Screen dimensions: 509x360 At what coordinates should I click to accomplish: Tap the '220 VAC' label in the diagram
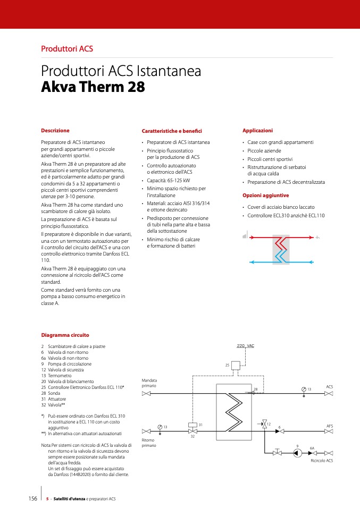[245, 346]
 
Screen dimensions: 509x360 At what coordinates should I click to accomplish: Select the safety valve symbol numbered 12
[264, 424]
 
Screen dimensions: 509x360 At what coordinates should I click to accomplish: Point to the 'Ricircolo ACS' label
[321, 461]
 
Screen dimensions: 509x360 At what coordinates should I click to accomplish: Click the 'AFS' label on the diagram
[329, 426]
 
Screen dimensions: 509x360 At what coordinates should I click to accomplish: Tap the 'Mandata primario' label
[149, 383]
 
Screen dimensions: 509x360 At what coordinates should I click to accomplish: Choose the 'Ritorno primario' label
[149, 443]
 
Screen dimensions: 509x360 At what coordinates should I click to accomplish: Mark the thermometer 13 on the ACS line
[303, 389]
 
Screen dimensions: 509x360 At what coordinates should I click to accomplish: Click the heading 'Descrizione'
[55, 130]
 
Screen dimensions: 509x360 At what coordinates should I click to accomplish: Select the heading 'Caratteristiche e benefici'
[172, 131]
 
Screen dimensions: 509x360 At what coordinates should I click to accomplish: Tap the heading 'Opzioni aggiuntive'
[265, 196]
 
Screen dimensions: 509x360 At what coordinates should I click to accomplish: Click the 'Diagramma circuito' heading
[65, 335]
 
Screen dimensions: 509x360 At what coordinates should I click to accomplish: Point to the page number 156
[32, 498]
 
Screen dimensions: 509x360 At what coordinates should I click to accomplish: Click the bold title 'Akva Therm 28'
[93, 87]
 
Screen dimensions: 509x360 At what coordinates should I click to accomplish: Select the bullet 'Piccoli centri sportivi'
[270, 159]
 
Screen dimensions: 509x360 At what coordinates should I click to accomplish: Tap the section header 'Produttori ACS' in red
[67, 49]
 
